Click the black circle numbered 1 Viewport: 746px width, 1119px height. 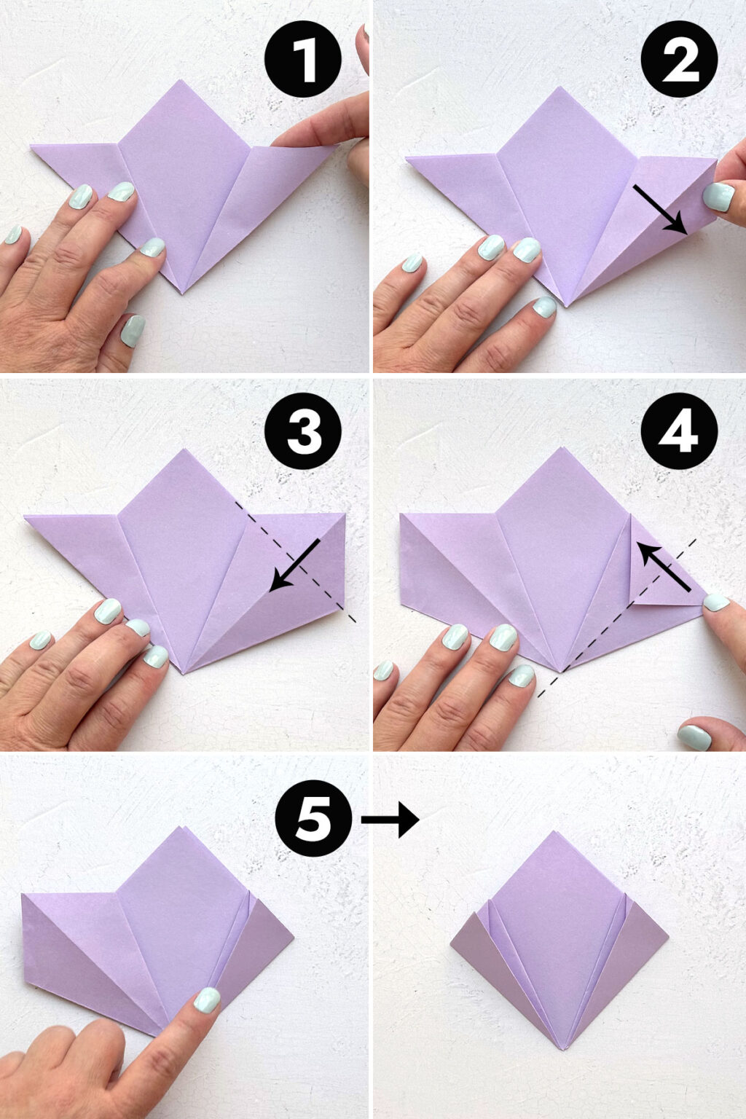(303, 59)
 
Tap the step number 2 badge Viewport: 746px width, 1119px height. (679, 59)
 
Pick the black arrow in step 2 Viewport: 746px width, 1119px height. (659, 209)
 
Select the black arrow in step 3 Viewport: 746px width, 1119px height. (295, 565)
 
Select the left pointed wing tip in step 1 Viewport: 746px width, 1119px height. (34, 148)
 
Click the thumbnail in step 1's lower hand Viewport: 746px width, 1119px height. (132, 330)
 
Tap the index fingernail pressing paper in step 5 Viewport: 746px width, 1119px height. (206, 999)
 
